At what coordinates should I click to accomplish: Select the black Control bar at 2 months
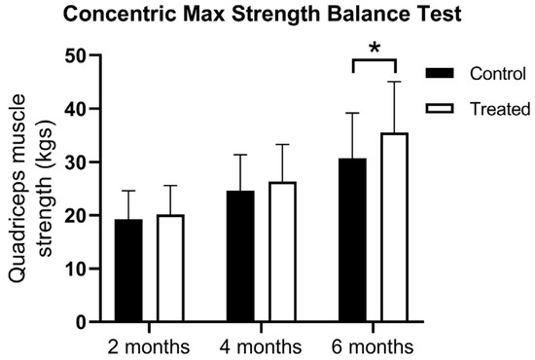129,270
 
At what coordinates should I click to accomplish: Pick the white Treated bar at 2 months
171,269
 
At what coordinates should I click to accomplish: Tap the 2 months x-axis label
150,345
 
